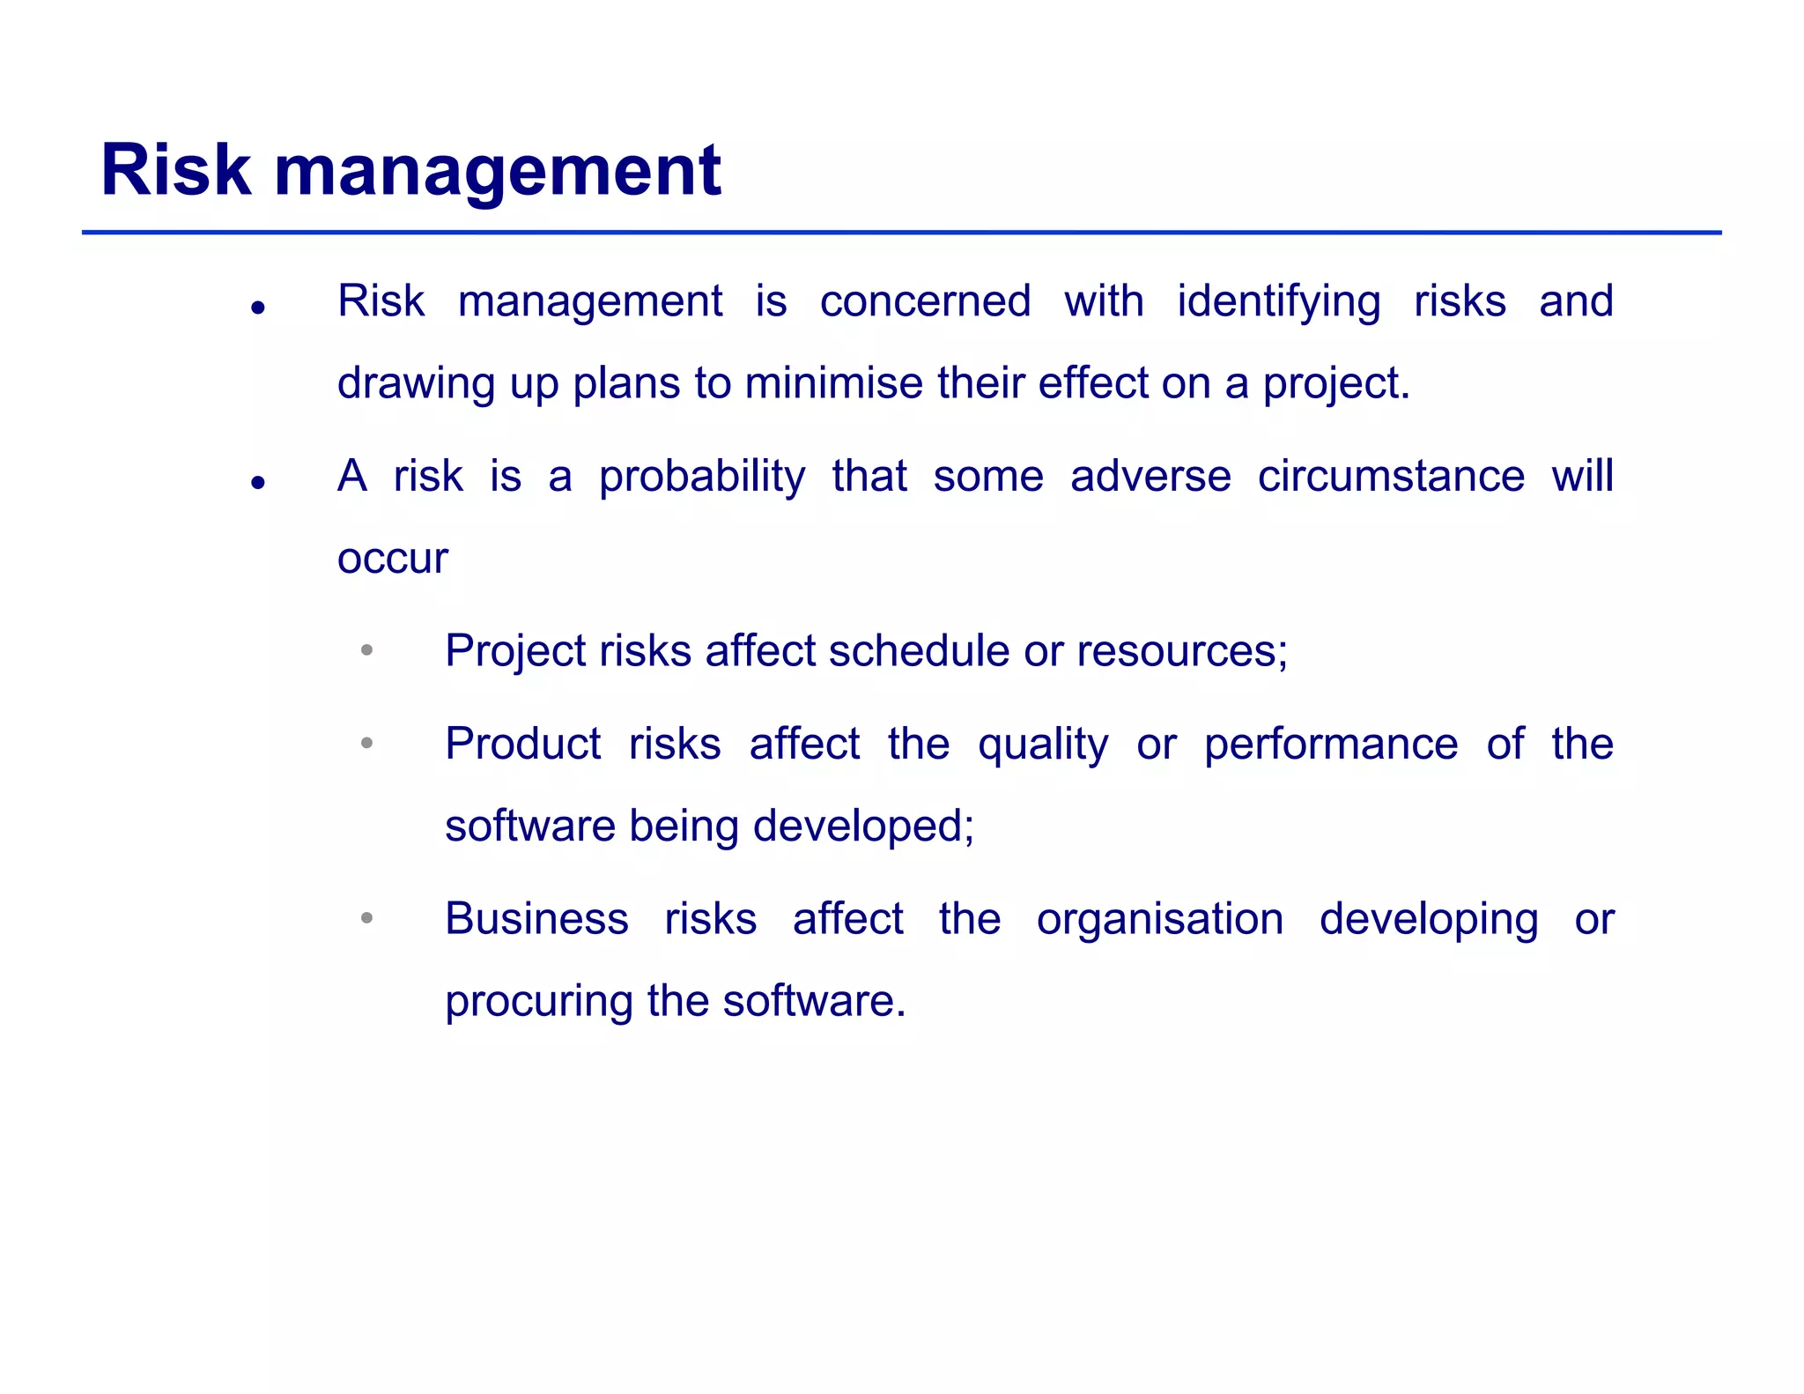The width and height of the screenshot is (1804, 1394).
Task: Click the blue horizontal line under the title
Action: pos(901,233)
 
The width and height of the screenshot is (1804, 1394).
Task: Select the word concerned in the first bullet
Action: pos(925,301)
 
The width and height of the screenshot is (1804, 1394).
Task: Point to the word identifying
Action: pos(1278,303)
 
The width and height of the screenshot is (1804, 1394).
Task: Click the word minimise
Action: pos(839,383)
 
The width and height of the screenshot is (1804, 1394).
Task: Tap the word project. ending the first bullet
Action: pos(1336,385)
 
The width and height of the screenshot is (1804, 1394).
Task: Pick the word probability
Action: pos(702,478)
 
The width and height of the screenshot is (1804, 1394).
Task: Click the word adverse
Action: pos(1150,477)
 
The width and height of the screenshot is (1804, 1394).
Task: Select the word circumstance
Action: pos(1391,477)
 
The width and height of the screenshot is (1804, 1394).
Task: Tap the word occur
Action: pos(393,559)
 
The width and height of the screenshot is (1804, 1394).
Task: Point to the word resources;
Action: pos(1182,652)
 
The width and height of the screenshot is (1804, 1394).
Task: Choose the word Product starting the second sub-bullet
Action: pos(523,744)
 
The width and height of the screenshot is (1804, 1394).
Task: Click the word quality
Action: pos(1043,745)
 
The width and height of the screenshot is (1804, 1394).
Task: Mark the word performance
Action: pos(1331,745)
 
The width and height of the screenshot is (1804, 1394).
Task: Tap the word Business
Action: pos(536,919)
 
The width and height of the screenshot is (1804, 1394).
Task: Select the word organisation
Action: pos(1160,921)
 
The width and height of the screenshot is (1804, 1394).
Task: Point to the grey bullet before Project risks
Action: pos(367,651)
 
